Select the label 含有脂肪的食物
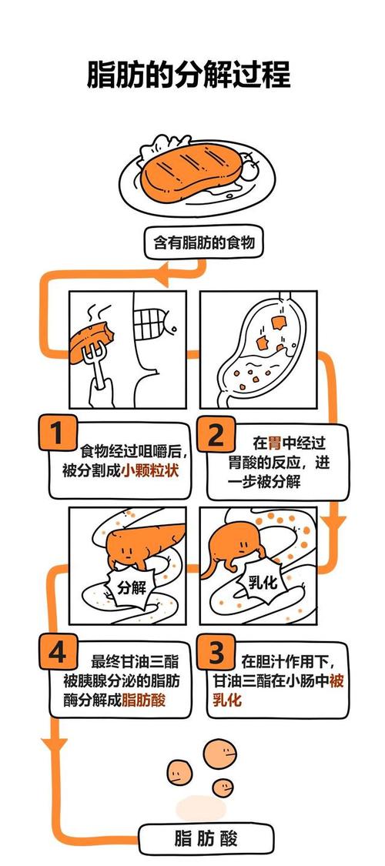(203, 243)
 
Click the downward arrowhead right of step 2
(333, 523)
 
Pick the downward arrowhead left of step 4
(53, 746)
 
